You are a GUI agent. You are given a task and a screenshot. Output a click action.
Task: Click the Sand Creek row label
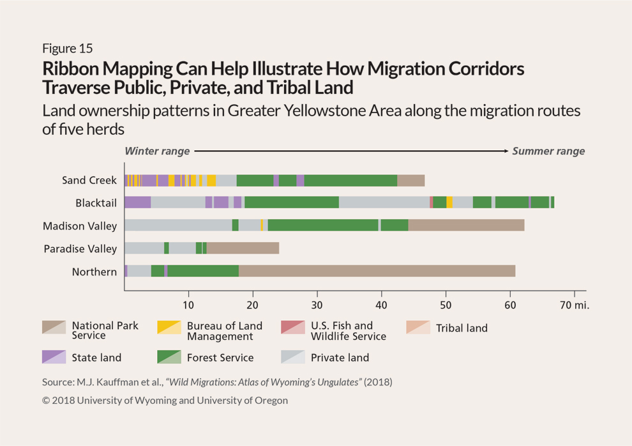coord(89,180)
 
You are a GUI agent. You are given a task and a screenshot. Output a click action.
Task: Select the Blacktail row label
coord(96,203)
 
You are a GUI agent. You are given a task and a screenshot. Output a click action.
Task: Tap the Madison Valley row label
coord(80,226)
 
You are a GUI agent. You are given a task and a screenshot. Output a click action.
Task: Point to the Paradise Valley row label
coord(80,249)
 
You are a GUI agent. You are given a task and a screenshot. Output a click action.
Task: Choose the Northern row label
coord(94,272)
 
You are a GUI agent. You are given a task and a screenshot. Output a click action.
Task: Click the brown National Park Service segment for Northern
coord(377,272)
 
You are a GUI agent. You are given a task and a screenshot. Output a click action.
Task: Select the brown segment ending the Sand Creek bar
coord(410,180)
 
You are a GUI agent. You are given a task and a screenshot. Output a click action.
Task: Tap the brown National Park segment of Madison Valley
coord(466,226)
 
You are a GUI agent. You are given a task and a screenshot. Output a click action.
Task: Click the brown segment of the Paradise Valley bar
coord(243,249)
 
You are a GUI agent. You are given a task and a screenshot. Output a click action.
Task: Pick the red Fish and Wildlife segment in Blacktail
coord(432,203)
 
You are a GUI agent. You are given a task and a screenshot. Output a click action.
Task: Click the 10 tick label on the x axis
coord(188,304)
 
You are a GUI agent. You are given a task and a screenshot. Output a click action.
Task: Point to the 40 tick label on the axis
coord(381,304)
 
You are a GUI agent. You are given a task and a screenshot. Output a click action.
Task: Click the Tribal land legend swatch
coord(418,328)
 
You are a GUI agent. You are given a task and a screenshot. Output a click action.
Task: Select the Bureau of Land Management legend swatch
coord(169,328)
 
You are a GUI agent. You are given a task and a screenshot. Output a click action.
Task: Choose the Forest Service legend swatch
coord(169,358)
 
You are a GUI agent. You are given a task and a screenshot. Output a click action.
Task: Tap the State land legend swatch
coord(54,358)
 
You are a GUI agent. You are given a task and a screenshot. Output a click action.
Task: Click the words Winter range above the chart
coord(157,151)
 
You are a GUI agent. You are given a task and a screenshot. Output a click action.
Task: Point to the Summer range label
coord(548,151)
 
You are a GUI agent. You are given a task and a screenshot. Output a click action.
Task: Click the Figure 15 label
coord(68,49)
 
